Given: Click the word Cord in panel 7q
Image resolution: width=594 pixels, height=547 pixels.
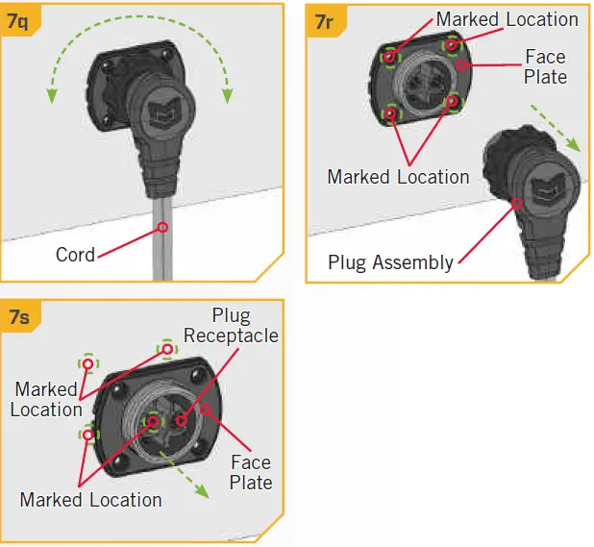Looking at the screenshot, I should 75,255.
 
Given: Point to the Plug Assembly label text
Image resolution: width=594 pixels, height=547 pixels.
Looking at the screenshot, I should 390,261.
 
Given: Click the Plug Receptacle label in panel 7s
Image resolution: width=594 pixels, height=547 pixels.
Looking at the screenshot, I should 231,326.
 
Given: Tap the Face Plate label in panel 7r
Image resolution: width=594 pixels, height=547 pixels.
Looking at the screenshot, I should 545,67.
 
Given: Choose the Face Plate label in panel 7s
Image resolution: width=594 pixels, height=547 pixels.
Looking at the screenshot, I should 251,472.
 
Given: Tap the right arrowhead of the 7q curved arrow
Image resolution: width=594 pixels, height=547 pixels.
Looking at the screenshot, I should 228,93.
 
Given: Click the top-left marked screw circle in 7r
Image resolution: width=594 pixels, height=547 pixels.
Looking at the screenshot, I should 389,58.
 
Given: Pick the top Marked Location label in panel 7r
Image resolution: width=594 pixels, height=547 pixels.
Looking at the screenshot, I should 507,19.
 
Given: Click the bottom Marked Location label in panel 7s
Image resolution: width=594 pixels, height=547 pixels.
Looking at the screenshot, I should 90,500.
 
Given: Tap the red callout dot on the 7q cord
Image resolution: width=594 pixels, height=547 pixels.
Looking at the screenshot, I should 161,227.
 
